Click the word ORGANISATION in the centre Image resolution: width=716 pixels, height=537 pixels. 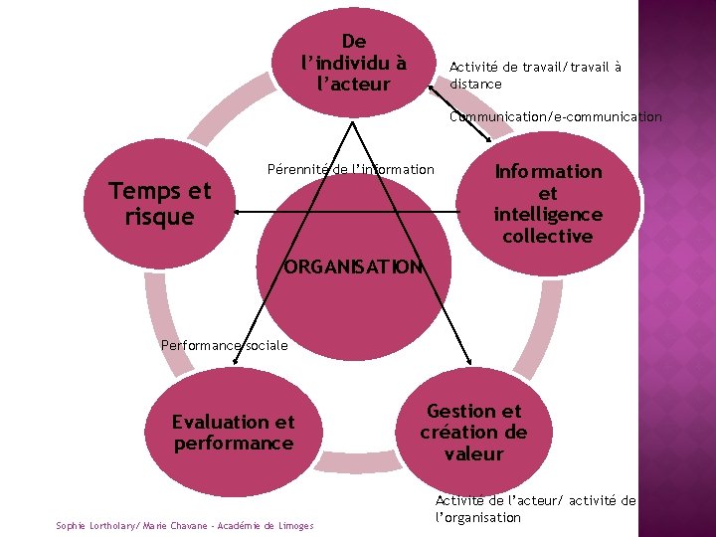pyautogui.click(x=352, y=267)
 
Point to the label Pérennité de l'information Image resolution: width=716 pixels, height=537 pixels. pyautogui.click(x=351, y=169)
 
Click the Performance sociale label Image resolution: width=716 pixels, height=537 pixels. pyautogui.click(x=224, y=345)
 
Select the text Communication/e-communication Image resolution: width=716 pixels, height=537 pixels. pyautogui.click(x=555, y=116)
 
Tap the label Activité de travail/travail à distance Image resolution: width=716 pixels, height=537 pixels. pyautogui.click(x=535, y=75)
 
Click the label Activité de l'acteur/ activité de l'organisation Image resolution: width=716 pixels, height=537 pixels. pyautogui.click(x=535, y=509)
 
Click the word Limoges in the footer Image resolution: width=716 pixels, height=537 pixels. pyautogui.click(x=293, y=525)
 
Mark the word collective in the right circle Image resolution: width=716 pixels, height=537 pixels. pyautogui.click(x=547, y=236)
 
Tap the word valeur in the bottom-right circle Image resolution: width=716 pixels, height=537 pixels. pyautogui.click(x=473, y=453)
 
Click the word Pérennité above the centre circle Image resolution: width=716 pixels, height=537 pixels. pyautogui.click(x=297, y=169)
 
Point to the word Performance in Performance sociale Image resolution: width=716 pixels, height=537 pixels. pyautogui.click(x=198, y=345)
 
